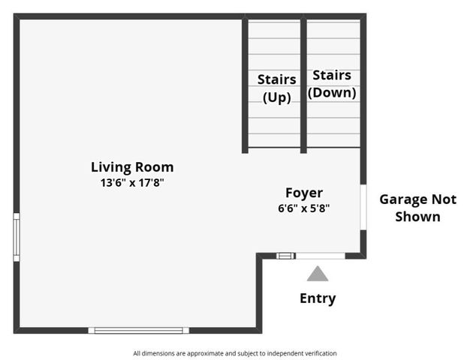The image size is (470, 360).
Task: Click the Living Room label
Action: (132, 167)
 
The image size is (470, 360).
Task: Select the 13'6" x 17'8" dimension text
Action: (132, 182)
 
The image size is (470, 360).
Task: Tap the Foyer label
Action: (304, 193)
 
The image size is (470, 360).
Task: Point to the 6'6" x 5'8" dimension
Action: (304, 208)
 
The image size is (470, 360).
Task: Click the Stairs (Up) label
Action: (276, 88)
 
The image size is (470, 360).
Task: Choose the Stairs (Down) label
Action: (332, 84)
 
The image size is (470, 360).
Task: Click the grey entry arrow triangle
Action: (318, 274)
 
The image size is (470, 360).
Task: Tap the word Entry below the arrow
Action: (318, 298)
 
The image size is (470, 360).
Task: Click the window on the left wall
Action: (17, 237)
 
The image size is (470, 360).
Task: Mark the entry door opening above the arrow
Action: (321, 256)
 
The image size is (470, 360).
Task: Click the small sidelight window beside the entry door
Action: (285, 256)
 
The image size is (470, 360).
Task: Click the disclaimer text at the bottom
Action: (235, 353)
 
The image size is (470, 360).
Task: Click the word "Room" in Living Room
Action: (154, 167)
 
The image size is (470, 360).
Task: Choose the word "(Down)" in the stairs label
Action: (332, 93)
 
